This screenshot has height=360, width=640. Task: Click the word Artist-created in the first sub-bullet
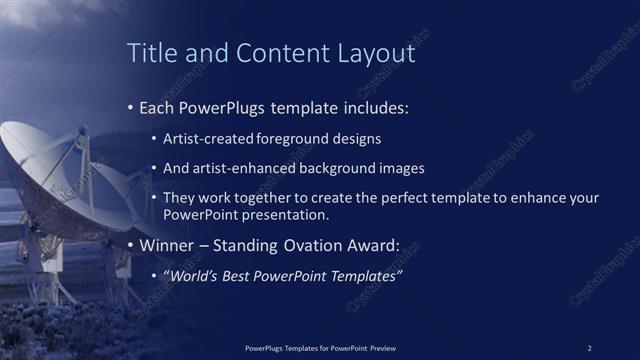[x=208, y=139]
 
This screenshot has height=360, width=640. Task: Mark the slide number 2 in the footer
[x=589, y=347]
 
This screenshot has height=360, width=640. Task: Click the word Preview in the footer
[x=381, y=347]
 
